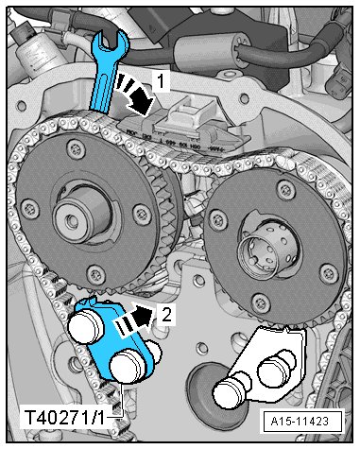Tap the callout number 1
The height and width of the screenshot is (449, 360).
(161, 80)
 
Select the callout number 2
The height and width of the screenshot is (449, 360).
(166, 314)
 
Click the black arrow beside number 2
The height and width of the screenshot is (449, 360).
(135, 319)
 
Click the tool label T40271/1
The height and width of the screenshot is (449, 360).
(64, 419)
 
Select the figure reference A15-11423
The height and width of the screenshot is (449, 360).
(300, 421)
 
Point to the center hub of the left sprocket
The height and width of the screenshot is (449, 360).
(82, 215)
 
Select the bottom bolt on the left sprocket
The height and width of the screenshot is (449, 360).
(95, 273)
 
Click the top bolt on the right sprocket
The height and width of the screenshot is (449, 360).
(285, 189)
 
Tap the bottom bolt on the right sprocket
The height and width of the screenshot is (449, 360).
(261, 302)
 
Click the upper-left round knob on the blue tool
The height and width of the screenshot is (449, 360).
(86, 327)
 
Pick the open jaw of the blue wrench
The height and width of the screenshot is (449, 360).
(111, 40)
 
